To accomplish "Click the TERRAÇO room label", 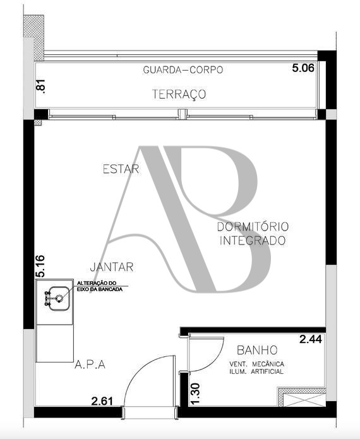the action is coord(179,94).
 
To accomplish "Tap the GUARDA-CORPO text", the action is coord(183,69).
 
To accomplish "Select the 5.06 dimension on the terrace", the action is coord(303,68).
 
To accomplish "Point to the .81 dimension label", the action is coord(41,87).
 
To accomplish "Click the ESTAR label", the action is coord(121,169).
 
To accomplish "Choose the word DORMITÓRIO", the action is coord(253,227).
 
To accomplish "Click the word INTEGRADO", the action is coord(253,241).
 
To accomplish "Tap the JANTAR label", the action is coord(112,267).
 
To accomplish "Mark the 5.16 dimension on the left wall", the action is coord(40,266).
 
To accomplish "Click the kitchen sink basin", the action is coord(59,298).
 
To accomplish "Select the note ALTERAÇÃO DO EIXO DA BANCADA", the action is coord(100,286).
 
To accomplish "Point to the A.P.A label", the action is coord(90,364).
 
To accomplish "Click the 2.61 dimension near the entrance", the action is coord(102,401).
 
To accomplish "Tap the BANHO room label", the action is coord(257,350).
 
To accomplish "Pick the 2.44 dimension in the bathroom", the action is coord(311,339).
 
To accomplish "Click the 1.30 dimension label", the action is coord(195,394).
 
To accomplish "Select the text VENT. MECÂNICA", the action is coord(256,364).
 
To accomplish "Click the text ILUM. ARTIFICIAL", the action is coord(256,371).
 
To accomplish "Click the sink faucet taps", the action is coord(47,298).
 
